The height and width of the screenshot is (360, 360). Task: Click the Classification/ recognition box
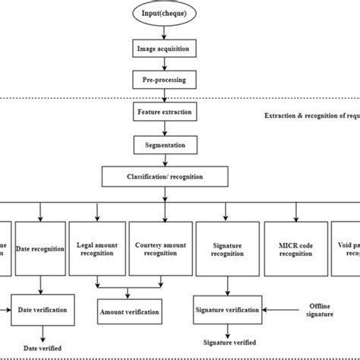pyautogui.click(x=163, y=178)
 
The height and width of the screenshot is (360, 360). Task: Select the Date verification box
pyautogui.click(x=43, y=310)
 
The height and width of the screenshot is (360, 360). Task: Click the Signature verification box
pyautogui.click(x=227, y=310)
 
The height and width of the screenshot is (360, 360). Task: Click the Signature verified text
pyautogui.click(x=226, y=343)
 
